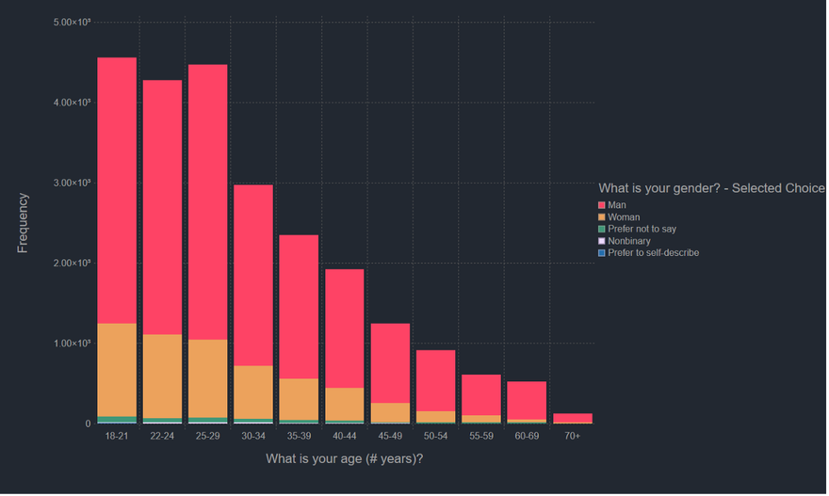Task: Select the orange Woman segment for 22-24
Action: pyautogui.click(x=162, y=376)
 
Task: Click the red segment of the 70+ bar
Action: pyautogui.click(x=573, y=418)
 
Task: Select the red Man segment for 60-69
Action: pyautogui.click(x=527, y=400)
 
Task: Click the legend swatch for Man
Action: pyautogui.click(x=602, y=205)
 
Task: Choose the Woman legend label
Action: pyautogui.click(x=624, y=217)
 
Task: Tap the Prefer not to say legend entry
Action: pyautogui.click(x=642, y=229)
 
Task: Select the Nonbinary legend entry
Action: pyautogui.click(x=628, y=241)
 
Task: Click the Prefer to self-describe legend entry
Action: pyautogui.click(x=653, y=252)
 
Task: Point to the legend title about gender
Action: pyautogui.click(x=711, y=188)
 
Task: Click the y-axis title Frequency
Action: pyautogui.click(x=24, y=223)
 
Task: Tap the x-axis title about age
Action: pyautogui.click(x=345, y=459)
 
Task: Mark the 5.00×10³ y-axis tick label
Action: pyautogui.click(x=72, y=22)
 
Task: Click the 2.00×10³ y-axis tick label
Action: pyautogui.click(x=72, y=263)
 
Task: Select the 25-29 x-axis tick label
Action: pyautogui.click(x=207, y=437)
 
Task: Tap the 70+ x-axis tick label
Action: pyautogui.click(x=573, y=437)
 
